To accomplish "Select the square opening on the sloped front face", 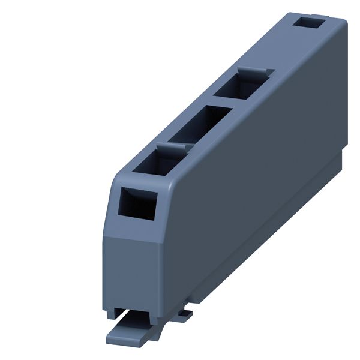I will tap(137, 204).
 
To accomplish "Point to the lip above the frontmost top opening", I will tap(175, 146).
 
